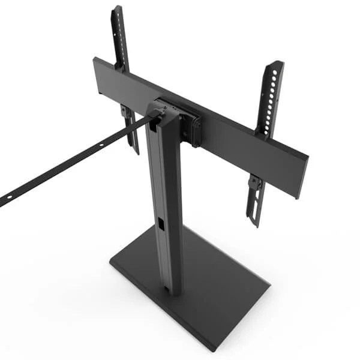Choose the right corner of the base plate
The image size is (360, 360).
pos(268,287)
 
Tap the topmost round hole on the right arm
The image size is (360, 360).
pos(275,73)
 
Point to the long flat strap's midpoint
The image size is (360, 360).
pos(72,163)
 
